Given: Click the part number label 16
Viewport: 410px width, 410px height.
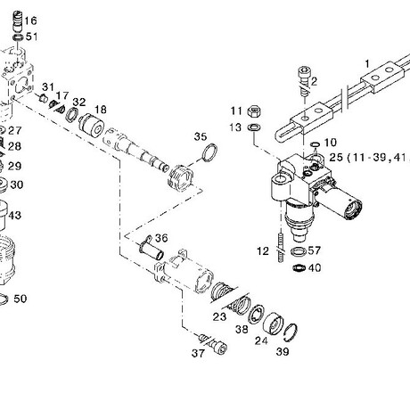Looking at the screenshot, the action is pyautogui.click(x=30, y=20).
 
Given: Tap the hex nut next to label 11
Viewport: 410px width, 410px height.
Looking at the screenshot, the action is pyautogui.click(x=254, y=111).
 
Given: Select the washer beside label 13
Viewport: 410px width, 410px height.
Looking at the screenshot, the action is pyautogui.click(x=254, y=127).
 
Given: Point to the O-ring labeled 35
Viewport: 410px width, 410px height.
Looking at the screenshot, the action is pyautogui.click(x=209, y=152).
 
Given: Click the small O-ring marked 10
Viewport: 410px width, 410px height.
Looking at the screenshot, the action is pyautogui.click(x=315, y=144).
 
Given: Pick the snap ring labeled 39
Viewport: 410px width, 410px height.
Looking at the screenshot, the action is pyautogui.click(x=291, y=332).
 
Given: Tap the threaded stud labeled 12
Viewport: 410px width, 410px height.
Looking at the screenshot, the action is pyautogui.click(x=281, y=247).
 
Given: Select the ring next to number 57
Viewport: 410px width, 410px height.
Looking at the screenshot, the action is pyautogui.click(x=299, y=251).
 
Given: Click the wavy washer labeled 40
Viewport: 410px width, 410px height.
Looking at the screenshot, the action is pyautogui.click(x=299, y=268).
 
